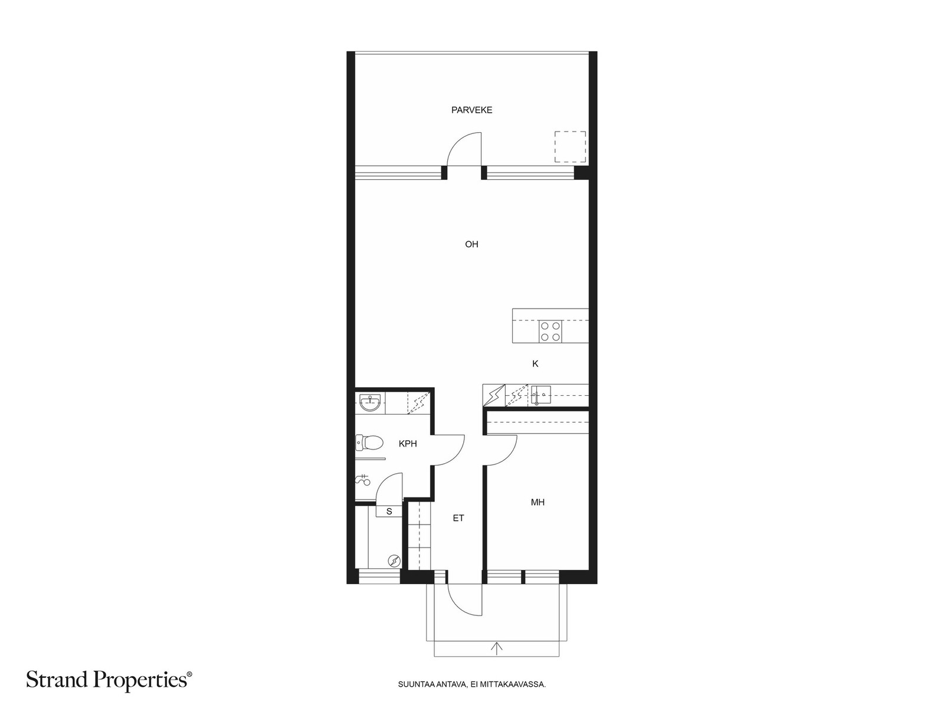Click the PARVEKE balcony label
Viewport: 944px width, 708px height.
(x=471, y=110)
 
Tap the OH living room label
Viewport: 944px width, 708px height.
(x=471, y=244)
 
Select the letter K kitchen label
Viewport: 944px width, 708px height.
(x=535, y=363)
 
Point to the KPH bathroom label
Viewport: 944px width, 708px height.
(x=407, y=444)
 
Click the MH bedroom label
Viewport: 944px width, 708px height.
(x=537, y=502)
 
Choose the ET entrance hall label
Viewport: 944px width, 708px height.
(x=458, y=518)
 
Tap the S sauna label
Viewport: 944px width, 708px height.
(x=389, y=511)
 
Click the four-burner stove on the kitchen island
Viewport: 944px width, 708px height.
(x=550, y=332)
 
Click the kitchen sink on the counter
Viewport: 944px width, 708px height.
(x=540, y=395)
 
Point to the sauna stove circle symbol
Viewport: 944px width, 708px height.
(x=394, y=560)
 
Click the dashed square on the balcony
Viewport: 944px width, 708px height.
(x=570, y=146)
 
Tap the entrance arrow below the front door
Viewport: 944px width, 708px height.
(x=497, y=648)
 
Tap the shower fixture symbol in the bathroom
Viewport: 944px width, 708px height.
(x=362, y=480)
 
